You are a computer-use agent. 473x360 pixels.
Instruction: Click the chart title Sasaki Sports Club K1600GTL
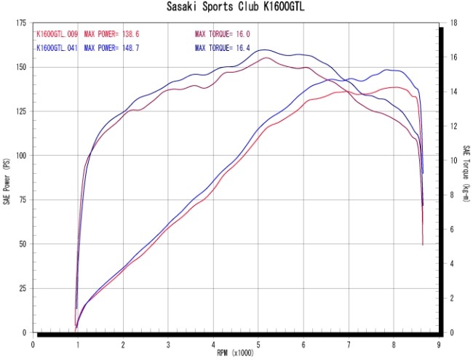pos(236,8)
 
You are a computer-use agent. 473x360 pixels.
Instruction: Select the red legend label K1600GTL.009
pos(57,34)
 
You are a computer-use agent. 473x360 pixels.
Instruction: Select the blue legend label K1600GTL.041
pos(57,48)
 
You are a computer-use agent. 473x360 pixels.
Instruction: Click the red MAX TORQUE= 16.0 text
pos(223,34)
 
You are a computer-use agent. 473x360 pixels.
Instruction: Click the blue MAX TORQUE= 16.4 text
pos(223,48)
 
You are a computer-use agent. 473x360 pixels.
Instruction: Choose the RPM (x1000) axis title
pos(236,352)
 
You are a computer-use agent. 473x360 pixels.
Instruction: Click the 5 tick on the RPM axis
pos(258,344)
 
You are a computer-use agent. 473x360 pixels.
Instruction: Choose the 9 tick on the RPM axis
pos(439,344)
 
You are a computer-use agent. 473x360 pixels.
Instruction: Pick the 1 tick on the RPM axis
pos(78,344)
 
